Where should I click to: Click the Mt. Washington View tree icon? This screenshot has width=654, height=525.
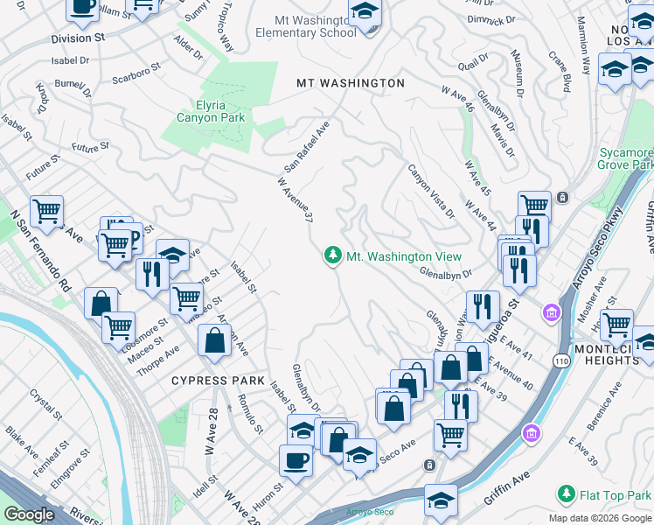point(332,256)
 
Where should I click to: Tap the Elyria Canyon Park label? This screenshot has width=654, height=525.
point(211,111)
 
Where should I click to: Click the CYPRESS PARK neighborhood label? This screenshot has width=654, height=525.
point(218,381)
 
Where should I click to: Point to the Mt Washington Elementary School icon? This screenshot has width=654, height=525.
point(365,13)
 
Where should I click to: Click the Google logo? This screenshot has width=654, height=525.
point(29,514)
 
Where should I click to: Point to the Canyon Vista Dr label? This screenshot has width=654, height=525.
point(432,190)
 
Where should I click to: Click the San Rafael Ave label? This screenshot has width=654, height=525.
point(306,147)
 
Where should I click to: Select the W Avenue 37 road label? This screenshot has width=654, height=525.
point(295,200)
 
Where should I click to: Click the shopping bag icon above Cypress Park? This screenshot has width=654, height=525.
point(214,341)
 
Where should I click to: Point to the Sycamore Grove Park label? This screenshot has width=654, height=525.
point(625,158)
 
